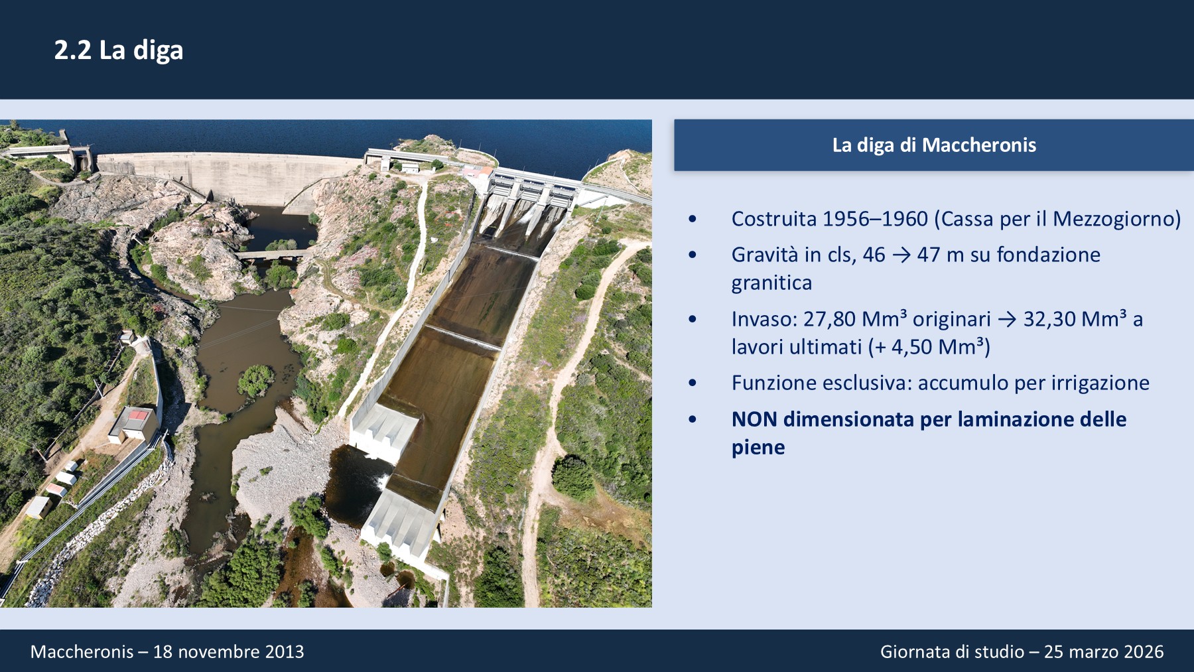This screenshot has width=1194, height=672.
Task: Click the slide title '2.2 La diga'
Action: (x=119, y=50)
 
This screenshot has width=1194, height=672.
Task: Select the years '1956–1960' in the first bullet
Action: (x=876, y=219)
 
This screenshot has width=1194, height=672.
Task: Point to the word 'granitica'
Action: (x=771, y=283)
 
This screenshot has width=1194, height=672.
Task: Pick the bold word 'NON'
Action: (x=754, y=419)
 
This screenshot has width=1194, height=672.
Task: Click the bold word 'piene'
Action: (x=758, y=448)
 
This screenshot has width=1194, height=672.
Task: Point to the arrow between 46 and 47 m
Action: (x=901, y=255)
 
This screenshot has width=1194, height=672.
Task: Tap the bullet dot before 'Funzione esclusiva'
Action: (x=693, y=383)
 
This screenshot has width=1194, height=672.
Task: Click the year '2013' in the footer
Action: (x=285, y=652)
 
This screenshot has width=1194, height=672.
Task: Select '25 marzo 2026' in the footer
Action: (x=1104, y=652)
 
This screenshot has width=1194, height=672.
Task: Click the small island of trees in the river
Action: (x=256, y=380)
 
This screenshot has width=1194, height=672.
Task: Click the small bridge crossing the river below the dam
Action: (x=274, y=254)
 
